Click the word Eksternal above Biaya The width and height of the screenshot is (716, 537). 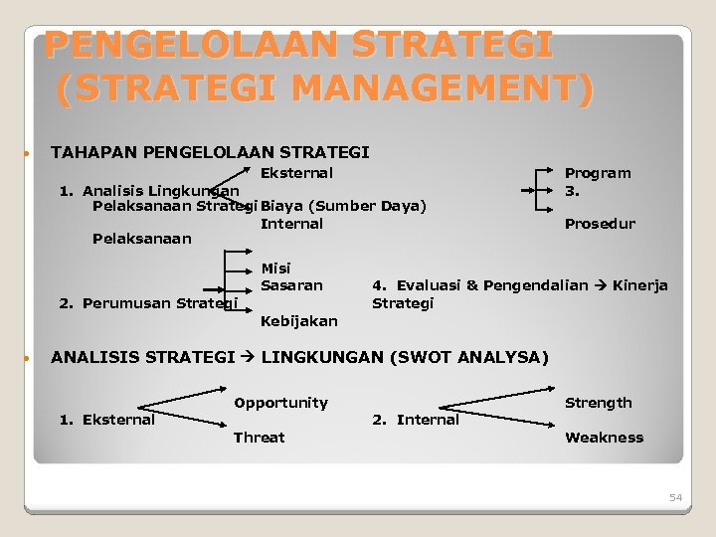(296, 173)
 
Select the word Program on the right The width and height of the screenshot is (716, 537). (598, 173)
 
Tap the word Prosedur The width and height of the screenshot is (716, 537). (600, 224)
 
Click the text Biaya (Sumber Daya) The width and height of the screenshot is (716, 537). (343, 206)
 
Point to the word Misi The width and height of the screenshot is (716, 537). (275, 268)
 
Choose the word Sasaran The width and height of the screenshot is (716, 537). (291, 285)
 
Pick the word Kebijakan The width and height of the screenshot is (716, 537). (298, 321)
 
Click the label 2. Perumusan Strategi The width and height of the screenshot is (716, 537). (148, 303)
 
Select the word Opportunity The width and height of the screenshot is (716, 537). (280, 403)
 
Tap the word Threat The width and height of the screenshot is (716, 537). (259, 438)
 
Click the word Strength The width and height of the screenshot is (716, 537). (599, 403)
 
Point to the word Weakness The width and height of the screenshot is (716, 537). (604, 438)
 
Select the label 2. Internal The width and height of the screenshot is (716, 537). (416, 420)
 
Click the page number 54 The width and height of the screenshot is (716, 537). (676, 497)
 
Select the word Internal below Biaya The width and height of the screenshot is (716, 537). (291, 224)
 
